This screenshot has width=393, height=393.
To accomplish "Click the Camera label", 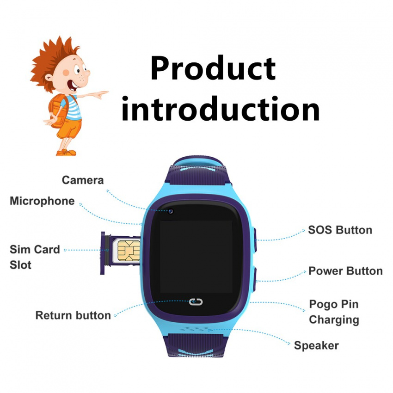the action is coord(83,180).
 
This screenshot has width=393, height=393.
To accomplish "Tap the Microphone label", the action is coord(42,201).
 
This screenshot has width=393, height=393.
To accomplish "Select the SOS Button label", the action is coord(340,230).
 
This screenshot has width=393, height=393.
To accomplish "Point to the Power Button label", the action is coord(345,271).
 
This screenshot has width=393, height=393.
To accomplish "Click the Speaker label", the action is coord(316,346).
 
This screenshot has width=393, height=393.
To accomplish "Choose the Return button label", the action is coord(73,315).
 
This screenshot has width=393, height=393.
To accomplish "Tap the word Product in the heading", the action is coord(213,68).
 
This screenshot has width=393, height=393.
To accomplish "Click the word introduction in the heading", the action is coord(221,109).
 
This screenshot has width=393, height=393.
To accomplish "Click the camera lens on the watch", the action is coord(171,211).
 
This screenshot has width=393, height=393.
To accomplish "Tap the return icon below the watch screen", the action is coord(196,302).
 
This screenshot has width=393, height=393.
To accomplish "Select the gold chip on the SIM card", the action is coord(129,251).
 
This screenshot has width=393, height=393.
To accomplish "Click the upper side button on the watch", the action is coord(254,240).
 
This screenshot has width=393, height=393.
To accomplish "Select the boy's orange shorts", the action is coord(69,129).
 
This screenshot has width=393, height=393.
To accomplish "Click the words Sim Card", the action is coord(35,249).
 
